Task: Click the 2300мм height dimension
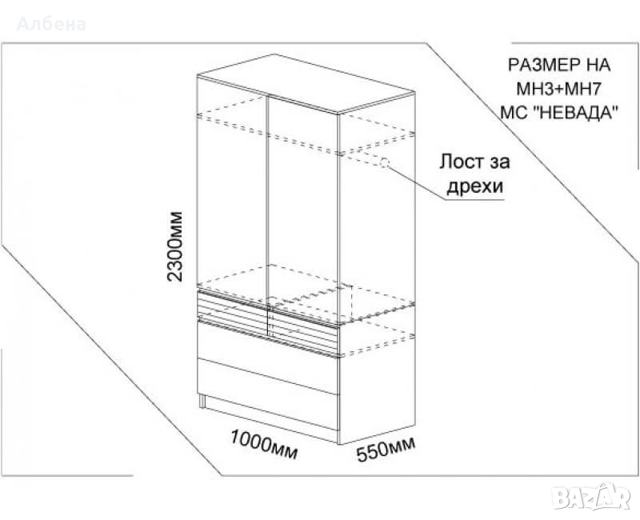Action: [x=175, y=246]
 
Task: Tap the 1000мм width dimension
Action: [x=264, y=444]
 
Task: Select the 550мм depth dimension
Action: [x=386, y=450]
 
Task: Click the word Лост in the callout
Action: [x=461, y=162]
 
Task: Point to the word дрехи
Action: [x=474, y=187]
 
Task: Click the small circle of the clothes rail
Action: [x=384, y=163]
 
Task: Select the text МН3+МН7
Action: [x=558, y=89]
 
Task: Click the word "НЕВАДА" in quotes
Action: [x=576, y=112]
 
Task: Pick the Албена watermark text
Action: [x=51, y=24]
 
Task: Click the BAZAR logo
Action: [x=592, y=497]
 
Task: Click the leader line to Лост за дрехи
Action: [x=416, y=182]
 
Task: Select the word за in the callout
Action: [x=498, y=162]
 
